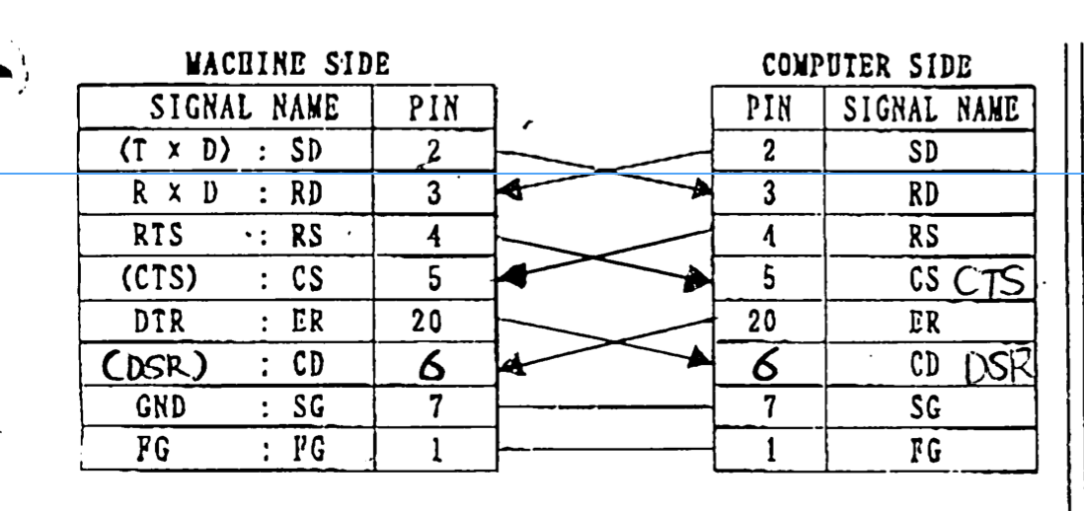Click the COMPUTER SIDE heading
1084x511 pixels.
866,66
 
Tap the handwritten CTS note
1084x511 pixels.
989,282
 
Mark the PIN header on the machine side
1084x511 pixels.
433,108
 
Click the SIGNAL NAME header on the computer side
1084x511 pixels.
929,108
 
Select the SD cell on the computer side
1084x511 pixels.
927,151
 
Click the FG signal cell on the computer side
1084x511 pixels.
927,451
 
